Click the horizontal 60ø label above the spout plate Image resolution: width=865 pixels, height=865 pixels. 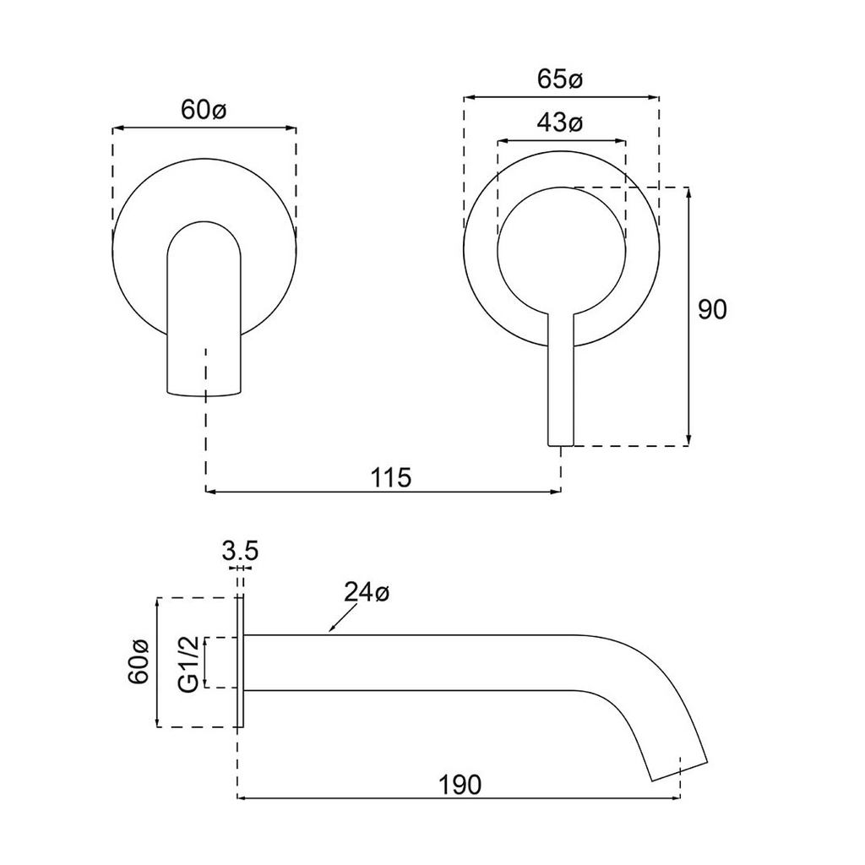pos(204,110)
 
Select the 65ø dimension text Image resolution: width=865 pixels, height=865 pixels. pos(560,79)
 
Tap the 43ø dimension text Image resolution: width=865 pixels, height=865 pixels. pos(560,123)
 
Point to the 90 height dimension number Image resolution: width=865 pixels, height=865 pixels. pos(712,310)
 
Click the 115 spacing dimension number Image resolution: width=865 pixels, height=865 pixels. pos(391,477)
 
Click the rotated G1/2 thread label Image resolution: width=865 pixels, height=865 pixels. pos(190,664)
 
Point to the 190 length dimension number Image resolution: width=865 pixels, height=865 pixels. pos(460,784)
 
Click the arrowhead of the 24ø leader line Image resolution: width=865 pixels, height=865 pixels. pos(332,630)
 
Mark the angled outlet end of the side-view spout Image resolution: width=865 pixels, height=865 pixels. pos(677,765)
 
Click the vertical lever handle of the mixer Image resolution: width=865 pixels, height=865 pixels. pos(561,380)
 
